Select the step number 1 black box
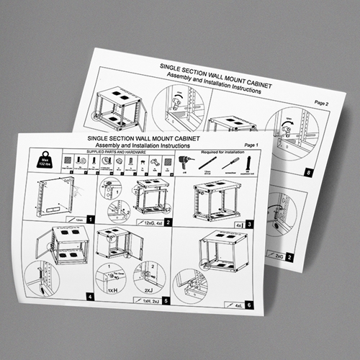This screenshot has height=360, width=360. pyautogui.click(x=89, y=218)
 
